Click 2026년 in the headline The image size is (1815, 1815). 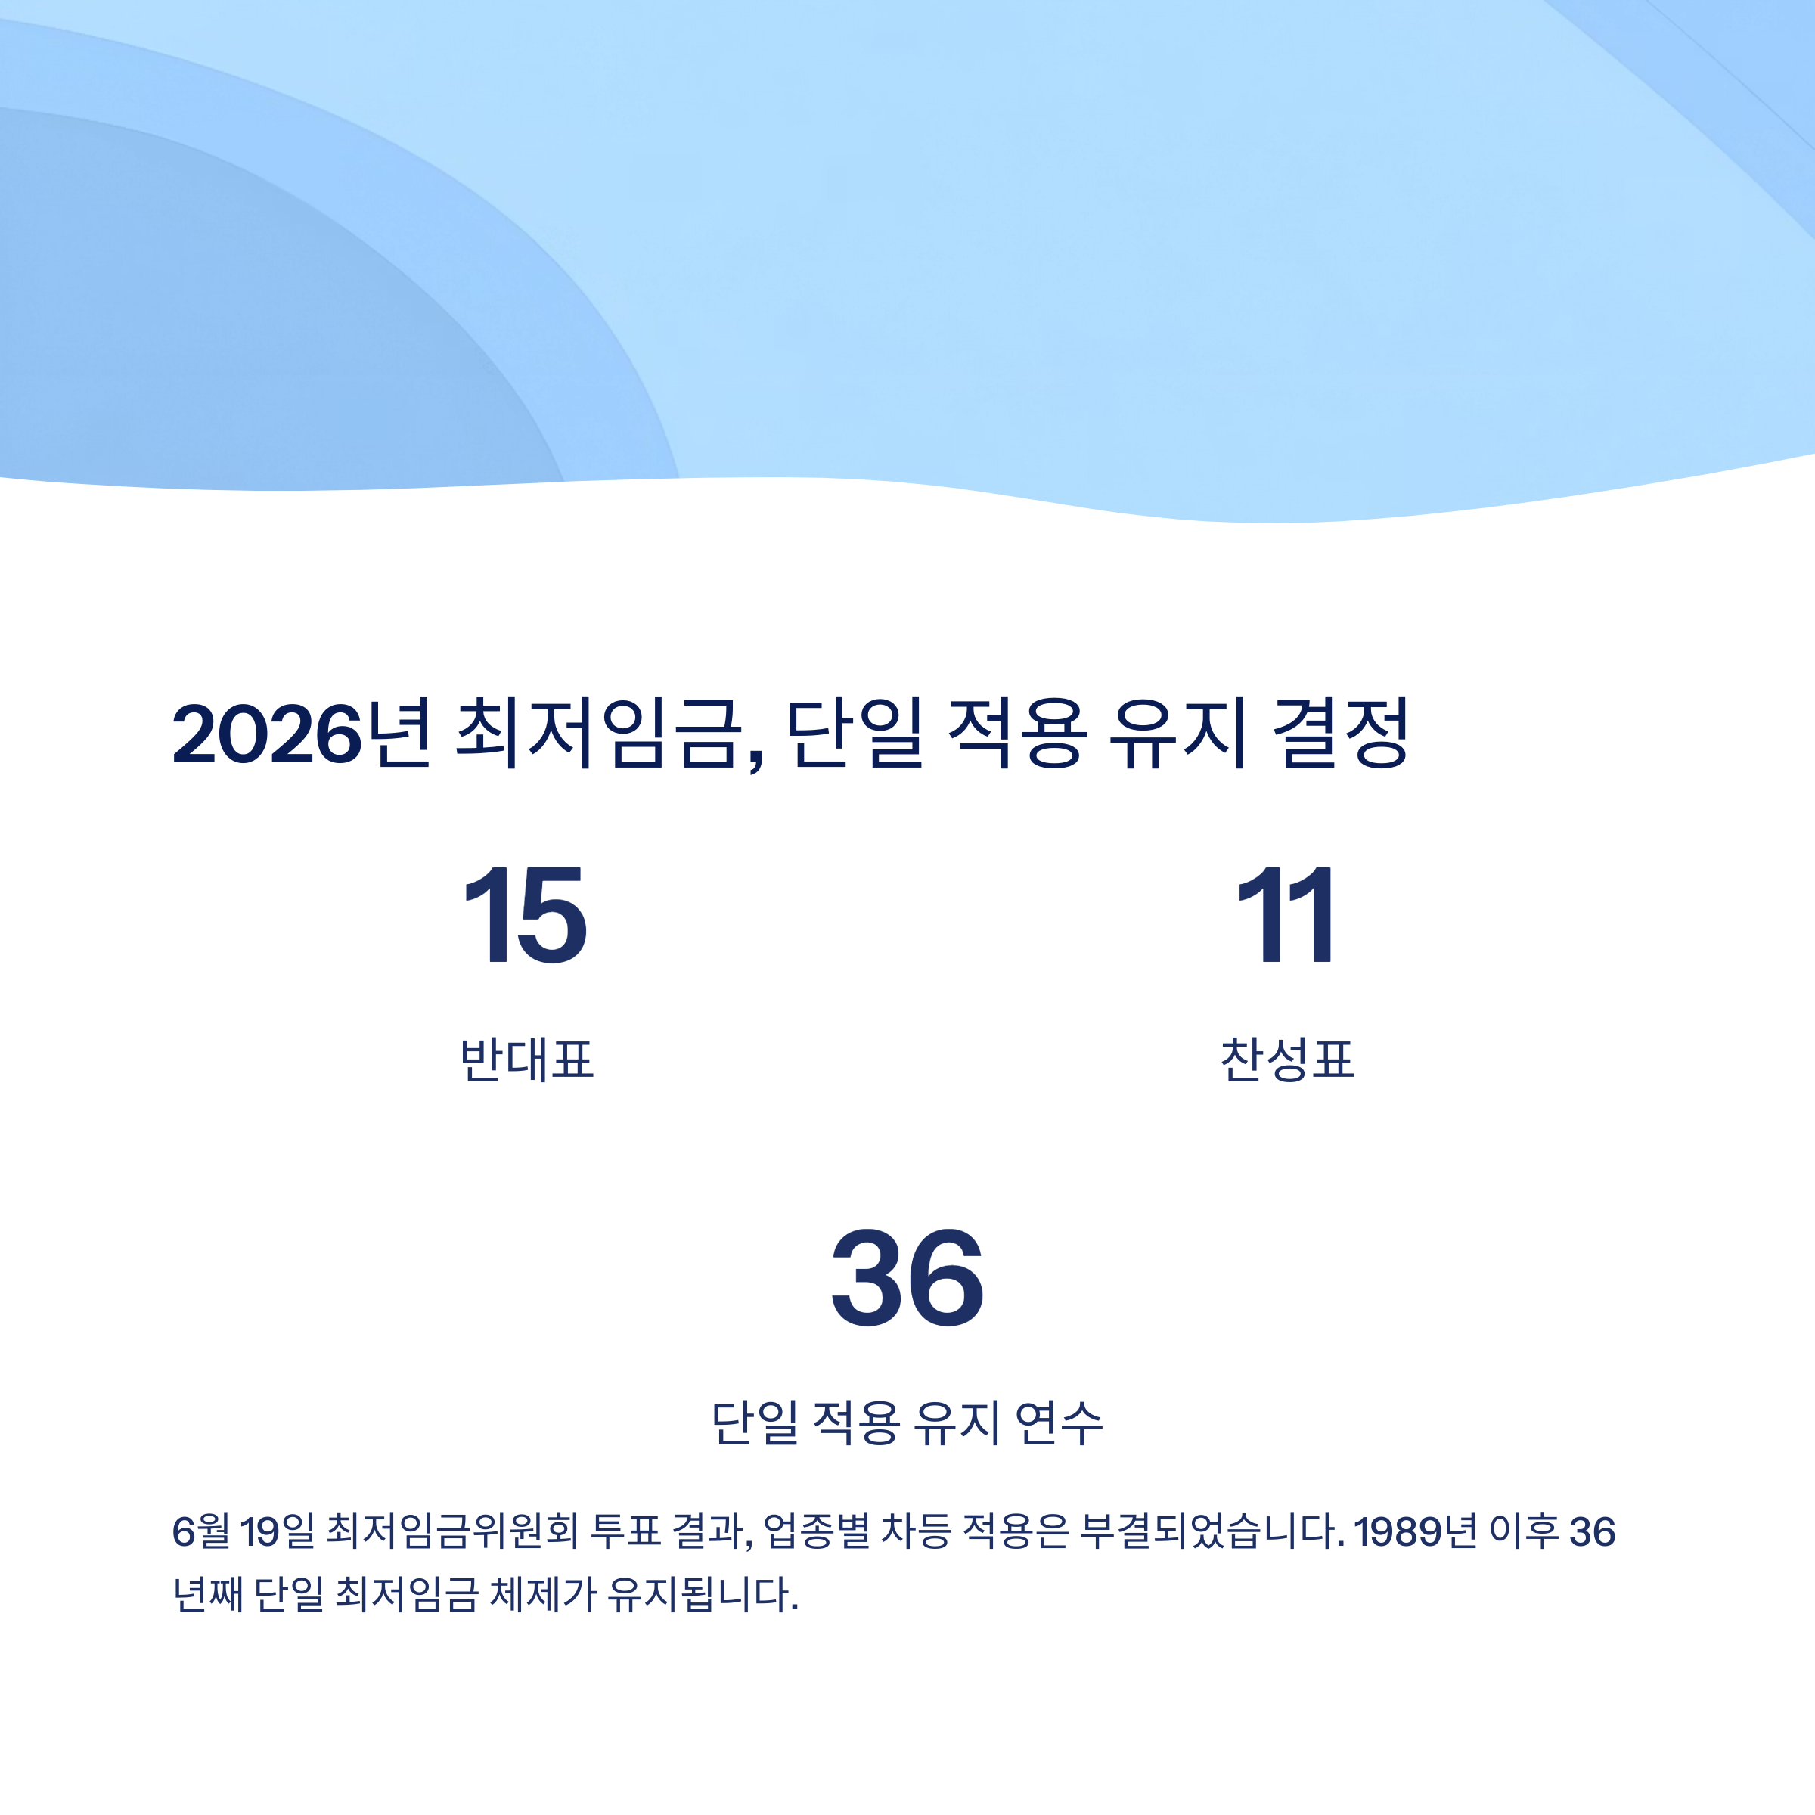point(302,734)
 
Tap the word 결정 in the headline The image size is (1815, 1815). point(1341,734)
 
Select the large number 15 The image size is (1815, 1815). point(526,915)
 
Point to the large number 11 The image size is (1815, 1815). point(1287,915)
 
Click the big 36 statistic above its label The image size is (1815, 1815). point(907,1280)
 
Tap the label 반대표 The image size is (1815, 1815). point(527,1060)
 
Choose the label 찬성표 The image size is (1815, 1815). point(1287,1060)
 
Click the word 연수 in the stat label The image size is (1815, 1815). point(1059,1423)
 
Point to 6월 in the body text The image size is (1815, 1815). point(201,1532)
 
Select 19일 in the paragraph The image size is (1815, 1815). point(278,1532)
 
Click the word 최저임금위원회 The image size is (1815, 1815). point(452,1532)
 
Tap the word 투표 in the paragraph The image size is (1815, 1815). point(625,1532)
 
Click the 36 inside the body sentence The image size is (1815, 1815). point(1593,1532)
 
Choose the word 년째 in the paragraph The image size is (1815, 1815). point(208,1595)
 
